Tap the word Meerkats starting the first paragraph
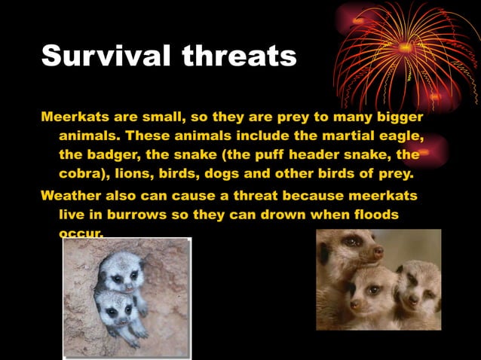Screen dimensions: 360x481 click(x=75, y=117)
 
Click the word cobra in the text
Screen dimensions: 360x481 click(x=80, y=174)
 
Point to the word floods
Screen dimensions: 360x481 click(x=369, y=214)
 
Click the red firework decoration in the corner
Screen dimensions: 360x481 click(x=407, y=53)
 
